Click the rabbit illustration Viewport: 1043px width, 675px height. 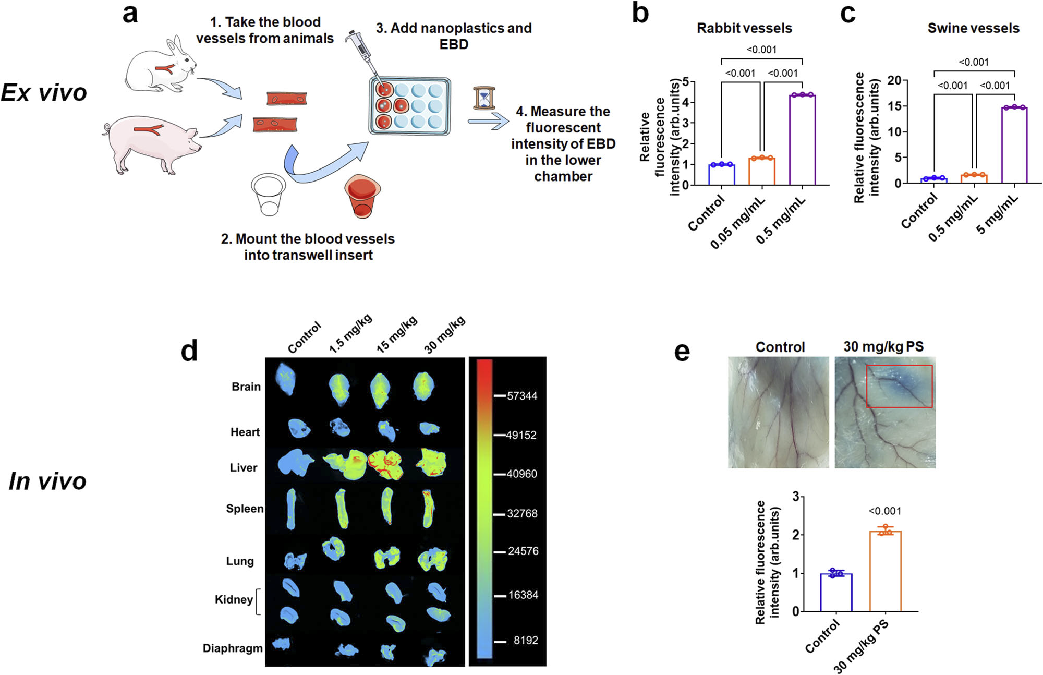pos(161,65)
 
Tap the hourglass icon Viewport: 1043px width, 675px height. pos(484,98)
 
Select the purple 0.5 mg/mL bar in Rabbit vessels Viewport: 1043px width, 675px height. pos(802,140)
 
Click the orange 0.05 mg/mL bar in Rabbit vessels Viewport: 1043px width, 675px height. pos(762,171)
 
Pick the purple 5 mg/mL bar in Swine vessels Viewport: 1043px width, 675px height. pos(1014,145)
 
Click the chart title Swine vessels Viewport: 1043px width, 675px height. pos(973,28)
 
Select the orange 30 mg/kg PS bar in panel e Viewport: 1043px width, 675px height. pos(886,571)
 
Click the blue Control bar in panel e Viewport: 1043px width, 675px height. pos(836,593)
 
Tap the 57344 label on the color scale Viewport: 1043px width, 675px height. pos(522,396)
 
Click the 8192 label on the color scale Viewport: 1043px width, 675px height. pos(526,640)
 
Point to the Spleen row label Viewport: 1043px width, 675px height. pos(245,509)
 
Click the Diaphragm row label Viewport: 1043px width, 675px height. pos(233,648)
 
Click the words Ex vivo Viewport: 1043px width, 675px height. pos(44,93)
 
